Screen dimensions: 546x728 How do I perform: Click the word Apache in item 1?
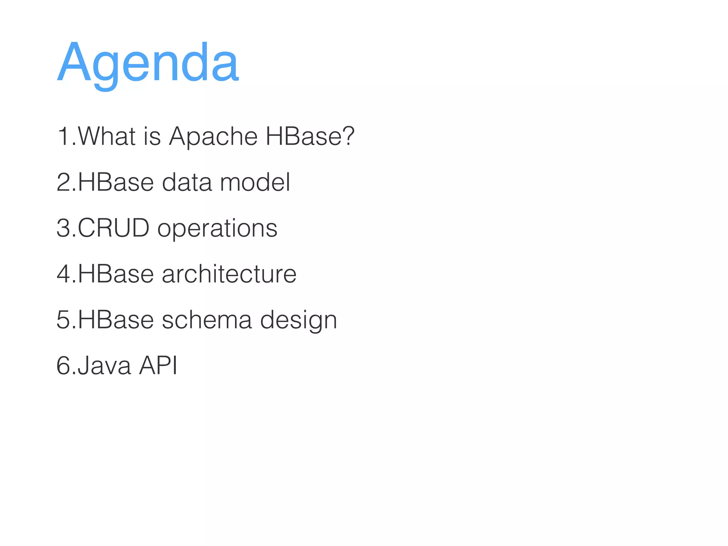coord(213,136)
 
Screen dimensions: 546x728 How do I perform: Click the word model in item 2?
coord(255,182)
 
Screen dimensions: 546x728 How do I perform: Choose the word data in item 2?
coord(187,182)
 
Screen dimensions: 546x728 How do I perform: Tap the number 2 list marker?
coord(64,182)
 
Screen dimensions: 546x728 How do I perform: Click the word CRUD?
coord(113,228)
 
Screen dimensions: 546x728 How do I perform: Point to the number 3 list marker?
coord(64,228)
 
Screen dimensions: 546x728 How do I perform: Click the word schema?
coord(207,320)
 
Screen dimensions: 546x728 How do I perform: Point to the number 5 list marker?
coord(64,320)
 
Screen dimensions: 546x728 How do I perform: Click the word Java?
coord(104,365)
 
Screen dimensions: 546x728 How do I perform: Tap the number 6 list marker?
coord(64,365)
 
